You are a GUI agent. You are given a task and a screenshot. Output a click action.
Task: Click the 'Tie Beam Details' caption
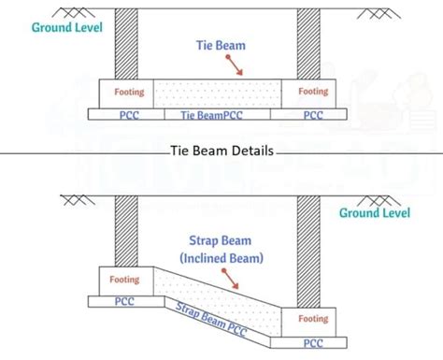(x=222, y=149)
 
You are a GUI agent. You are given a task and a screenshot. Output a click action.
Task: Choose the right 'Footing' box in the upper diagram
(x=313, y=93)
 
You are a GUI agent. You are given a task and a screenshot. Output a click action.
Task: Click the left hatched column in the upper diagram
(x=125, y=46)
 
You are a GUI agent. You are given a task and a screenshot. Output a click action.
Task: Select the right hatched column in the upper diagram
(x=308, y=46)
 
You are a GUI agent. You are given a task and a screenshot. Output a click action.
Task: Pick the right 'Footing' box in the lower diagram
(x=314, y=319)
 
